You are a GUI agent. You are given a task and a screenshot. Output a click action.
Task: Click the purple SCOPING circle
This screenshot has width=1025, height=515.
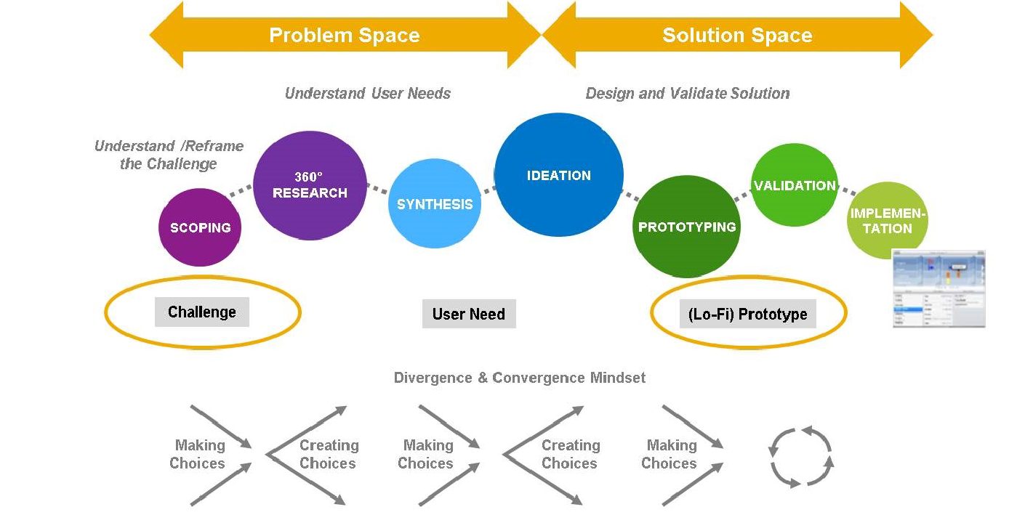tap(199, 227)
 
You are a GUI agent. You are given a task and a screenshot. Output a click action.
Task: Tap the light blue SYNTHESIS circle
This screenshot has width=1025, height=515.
tap(435, 204)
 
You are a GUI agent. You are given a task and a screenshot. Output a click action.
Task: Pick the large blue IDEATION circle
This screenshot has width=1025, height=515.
tap(558, 175)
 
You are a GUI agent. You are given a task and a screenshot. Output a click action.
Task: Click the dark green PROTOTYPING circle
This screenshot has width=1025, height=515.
tap(686, 227)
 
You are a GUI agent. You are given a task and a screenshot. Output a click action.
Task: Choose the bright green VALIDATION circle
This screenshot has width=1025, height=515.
tap(794, 185)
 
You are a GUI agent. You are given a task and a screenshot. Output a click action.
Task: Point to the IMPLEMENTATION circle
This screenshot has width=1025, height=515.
tap(888, 221)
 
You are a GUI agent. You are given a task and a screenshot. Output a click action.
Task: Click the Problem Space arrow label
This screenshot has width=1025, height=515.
tap(344, 35)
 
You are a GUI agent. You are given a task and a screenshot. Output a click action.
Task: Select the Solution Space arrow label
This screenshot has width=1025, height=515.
tap(737, 35)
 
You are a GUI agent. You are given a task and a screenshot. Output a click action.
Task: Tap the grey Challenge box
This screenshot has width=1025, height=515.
tap(202, 312)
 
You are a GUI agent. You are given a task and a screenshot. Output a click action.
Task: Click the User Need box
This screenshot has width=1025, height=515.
tap(469, 314)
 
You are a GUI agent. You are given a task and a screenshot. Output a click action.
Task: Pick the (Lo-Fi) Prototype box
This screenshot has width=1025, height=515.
tap(747, 315)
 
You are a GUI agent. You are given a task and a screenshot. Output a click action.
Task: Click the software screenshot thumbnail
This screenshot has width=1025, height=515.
tap(938, 288)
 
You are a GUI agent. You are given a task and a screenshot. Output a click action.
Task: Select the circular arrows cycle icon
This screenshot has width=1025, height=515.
tap(800, 456)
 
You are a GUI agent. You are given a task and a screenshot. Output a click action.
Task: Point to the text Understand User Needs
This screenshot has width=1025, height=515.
tap(367, 93)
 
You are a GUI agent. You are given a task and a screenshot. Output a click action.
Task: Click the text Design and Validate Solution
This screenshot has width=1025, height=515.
tap(687, 93)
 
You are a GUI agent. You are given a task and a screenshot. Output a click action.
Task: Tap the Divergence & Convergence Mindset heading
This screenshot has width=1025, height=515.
tap(519, 378)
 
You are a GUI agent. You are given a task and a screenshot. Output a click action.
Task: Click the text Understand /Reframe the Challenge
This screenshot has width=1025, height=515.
tap(169, 155)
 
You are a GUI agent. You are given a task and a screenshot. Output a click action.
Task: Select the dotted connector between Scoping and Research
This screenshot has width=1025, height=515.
tap(241, 191)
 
